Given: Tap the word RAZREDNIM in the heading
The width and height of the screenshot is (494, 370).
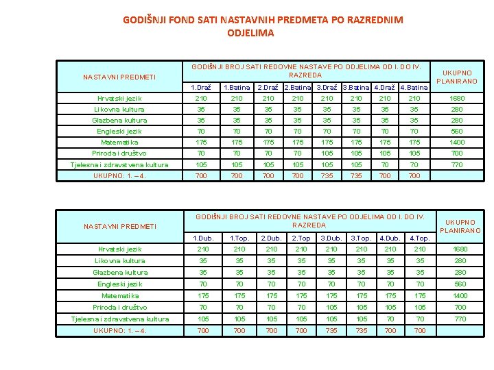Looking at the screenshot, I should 373,21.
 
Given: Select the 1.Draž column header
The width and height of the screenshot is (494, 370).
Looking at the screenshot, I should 200,88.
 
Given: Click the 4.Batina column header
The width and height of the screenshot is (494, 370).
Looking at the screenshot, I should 414,88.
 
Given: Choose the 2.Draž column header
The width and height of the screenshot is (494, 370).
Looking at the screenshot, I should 268,88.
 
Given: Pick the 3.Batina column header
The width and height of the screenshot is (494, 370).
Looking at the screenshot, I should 356,88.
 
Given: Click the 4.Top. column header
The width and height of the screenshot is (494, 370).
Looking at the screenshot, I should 419,238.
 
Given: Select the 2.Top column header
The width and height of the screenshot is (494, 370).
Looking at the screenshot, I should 301,238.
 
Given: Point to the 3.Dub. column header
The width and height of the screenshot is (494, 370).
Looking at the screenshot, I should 331,238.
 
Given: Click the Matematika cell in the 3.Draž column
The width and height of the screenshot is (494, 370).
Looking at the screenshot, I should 327,143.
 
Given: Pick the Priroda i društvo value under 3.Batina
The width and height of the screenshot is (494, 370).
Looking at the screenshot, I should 356,153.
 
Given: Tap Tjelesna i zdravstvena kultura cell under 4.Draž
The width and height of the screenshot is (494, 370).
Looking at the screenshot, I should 385,164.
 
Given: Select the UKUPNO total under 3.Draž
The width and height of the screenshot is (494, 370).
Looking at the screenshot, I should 327,176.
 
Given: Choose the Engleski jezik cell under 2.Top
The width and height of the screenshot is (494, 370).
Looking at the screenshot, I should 301,284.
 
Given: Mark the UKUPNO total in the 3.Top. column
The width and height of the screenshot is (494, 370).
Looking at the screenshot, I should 362,331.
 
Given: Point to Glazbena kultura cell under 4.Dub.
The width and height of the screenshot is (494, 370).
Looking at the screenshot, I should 390,272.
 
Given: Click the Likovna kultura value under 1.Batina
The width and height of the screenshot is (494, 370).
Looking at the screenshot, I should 236,109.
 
